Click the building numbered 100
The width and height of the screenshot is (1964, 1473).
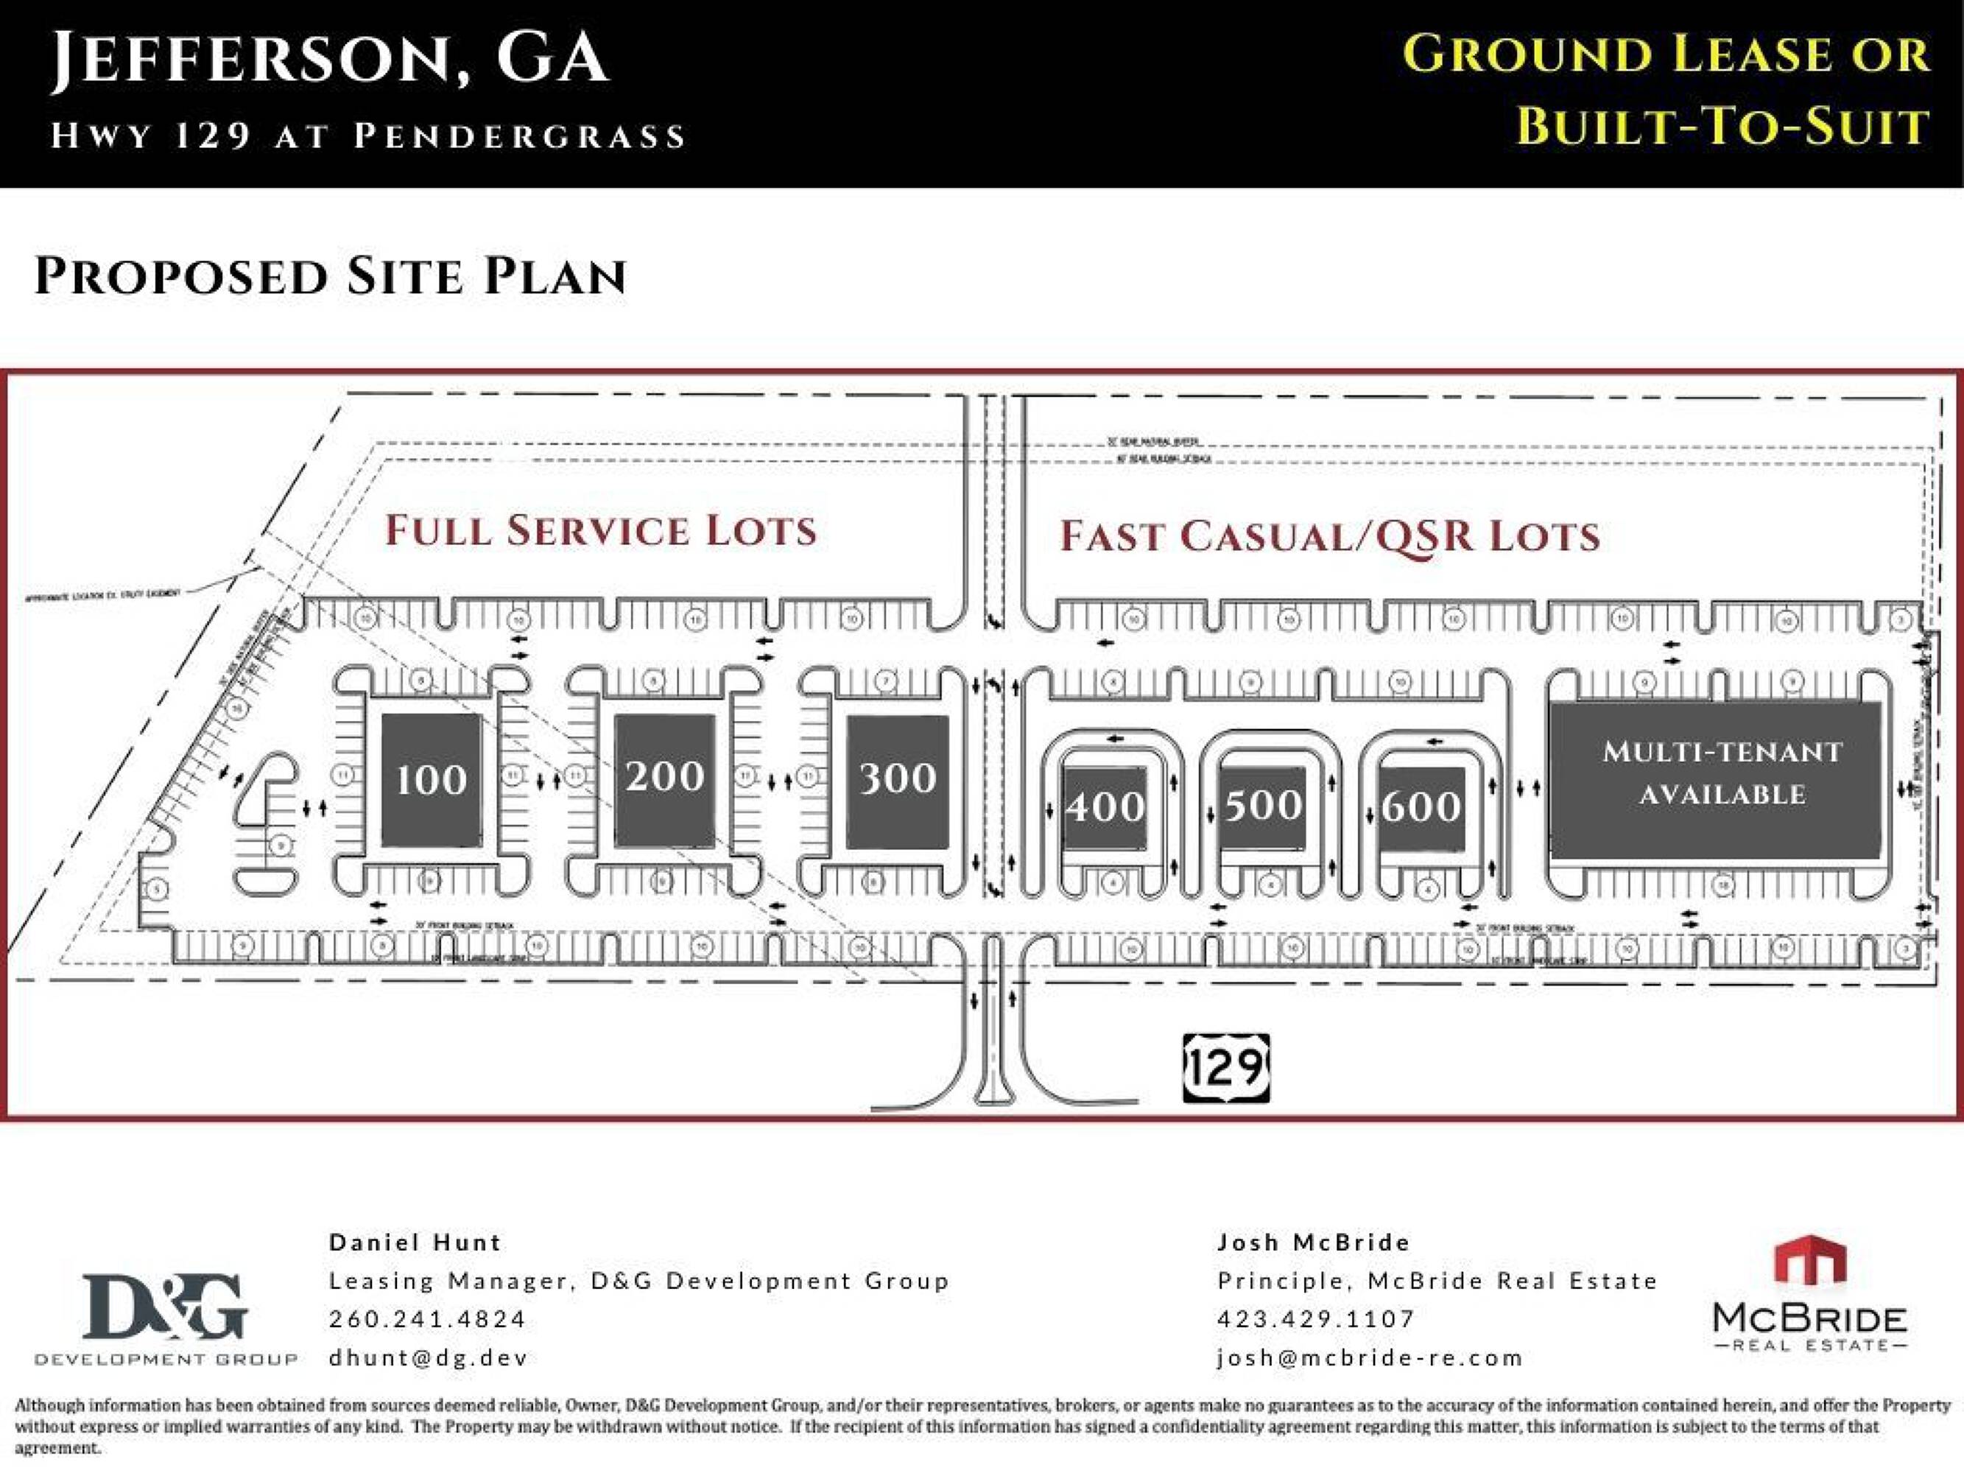[432, 779]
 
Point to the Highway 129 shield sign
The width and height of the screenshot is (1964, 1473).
[1226, 1068]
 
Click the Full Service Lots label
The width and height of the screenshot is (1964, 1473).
[600, 531]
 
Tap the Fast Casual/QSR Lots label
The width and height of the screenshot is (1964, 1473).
[1329, 536]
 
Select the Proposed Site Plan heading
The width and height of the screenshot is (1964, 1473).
[331, 276]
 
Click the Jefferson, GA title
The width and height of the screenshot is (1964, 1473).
[329, 57]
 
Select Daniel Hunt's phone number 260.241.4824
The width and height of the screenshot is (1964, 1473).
[428, 1318]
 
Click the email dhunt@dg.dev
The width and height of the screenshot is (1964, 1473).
[428, 1357]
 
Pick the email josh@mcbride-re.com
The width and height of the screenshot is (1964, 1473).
[1370, 1357]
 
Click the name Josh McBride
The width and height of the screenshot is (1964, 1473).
[1313, 1242]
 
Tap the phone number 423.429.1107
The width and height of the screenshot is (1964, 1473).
[1316, 1318]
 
